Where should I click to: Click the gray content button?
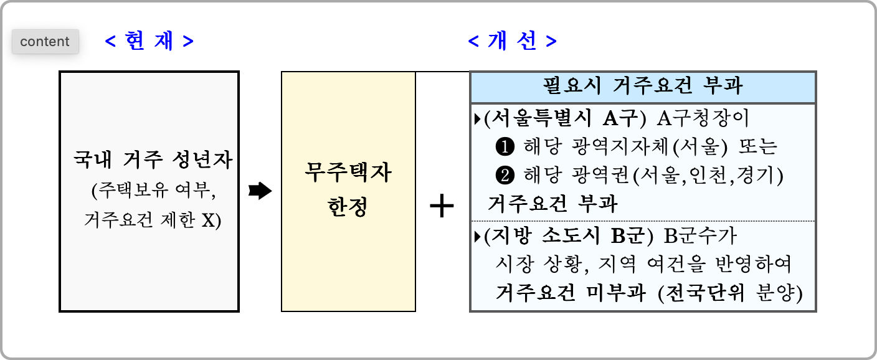45,42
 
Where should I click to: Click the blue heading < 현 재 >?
149,42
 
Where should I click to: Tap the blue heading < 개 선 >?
512,42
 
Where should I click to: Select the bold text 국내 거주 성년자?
153,161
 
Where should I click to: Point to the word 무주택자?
348,173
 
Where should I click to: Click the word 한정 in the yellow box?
348,206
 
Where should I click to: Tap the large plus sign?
442,206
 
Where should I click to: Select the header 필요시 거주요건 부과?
643,86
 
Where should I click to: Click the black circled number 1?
503,146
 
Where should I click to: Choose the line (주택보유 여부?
153,191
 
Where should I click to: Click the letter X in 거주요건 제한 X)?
209,220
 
